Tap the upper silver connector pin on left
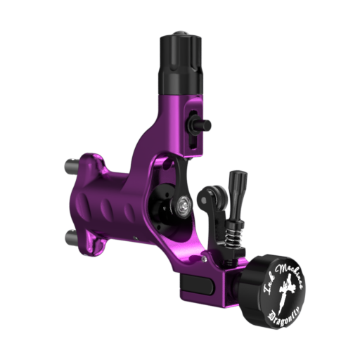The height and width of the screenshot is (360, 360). pos(71,167)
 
